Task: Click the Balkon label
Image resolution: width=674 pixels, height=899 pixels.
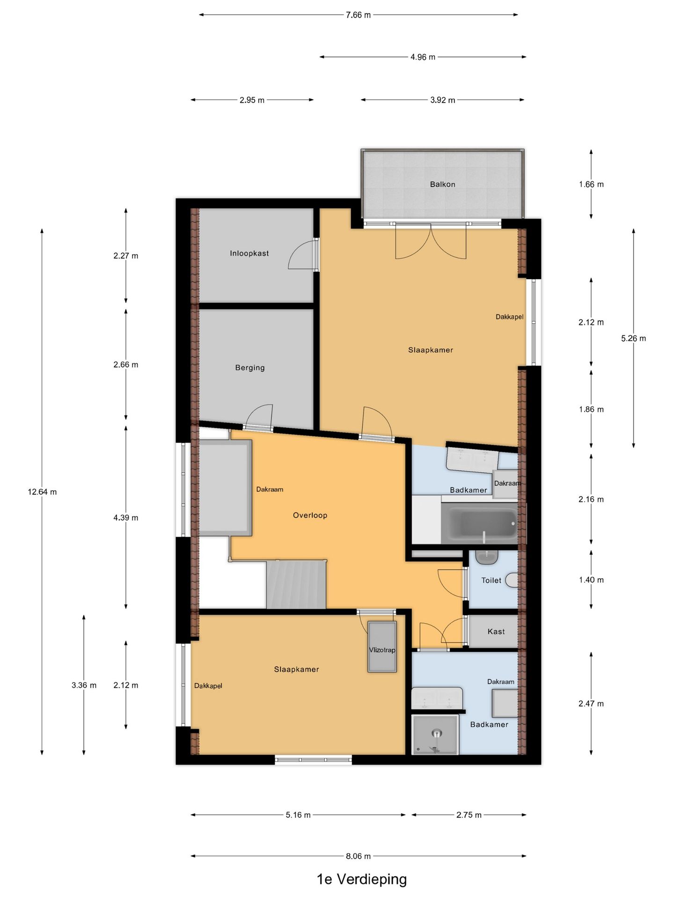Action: point(442,184)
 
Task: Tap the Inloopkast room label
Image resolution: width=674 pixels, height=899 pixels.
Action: point(249,253)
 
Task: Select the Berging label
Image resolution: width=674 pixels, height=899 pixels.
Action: point(250,368)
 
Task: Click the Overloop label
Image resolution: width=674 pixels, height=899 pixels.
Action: point(310,515)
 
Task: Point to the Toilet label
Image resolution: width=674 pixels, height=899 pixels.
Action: point(491,580)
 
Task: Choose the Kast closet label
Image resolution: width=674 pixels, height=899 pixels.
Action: point(496,632)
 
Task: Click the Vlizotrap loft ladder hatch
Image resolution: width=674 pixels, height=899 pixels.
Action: point(382,647)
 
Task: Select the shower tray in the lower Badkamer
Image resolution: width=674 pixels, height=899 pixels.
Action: point(435,735)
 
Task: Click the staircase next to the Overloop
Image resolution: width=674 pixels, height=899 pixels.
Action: point(296,583)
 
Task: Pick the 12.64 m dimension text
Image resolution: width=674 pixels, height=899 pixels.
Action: point(42,492)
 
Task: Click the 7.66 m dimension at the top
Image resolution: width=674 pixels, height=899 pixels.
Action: point(358,15)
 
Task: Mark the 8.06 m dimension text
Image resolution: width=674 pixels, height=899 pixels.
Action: point(358,856)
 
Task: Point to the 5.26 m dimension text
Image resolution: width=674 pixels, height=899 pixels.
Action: point(633,338)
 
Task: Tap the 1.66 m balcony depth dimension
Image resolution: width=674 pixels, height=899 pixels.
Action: point(591,184)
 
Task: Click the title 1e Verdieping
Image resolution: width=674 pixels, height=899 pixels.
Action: point(362,879)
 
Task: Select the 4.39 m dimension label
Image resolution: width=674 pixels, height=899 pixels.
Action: point(125,517)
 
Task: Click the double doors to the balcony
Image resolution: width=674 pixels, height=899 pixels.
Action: point(431,241)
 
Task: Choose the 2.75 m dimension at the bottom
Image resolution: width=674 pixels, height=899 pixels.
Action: point(469,815)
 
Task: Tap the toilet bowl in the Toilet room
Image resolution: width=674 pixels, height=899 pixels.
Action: point(513,580)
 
